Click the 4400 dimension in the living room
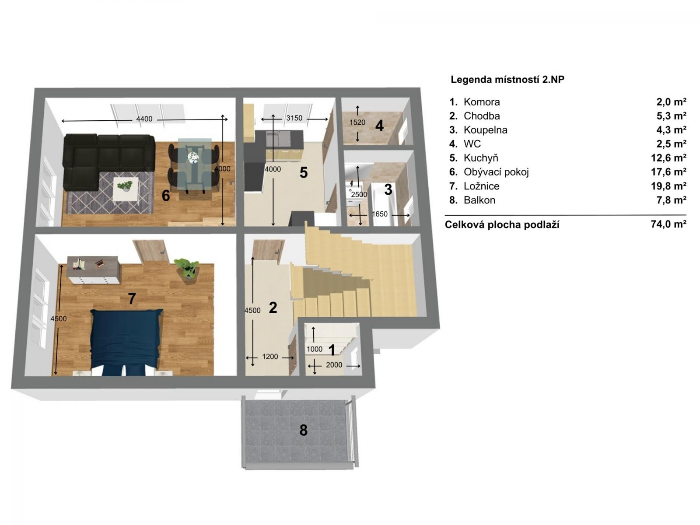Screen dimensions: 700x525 coord(144,119)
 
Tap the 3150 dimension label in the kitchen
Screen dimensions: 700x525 coord(294,118)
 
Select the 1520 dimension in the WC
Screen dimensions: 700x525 coord(357,122)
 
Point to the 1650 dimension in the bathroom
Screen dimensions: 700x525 coord(379,214)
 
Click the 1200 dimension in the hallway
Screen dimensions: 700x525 coord(270,357)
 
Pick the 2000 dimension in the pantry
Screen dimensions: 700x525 coord(334,365)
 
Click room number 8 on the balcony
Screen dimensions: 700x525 coord(303,430)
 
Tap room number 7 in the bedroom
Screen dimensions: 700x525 coord(132,299)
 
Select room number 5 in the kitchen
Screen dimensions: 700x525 coord(304,173)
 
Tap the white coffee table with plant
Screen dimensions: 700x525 coord(126,189)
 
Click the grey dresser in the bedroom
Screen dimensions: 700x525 coord(93,269)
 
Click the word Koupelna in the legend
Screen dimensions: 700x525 coord(485,130)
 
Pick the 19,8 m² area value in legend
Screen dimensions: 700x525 coord(668,186)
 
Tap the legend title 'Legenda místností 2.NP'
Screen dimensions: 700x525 coord(507,80)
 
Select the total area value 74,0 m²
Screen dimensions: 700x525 coord(668,224)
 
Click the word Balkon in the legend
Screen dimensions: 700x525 coord(479,200)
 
